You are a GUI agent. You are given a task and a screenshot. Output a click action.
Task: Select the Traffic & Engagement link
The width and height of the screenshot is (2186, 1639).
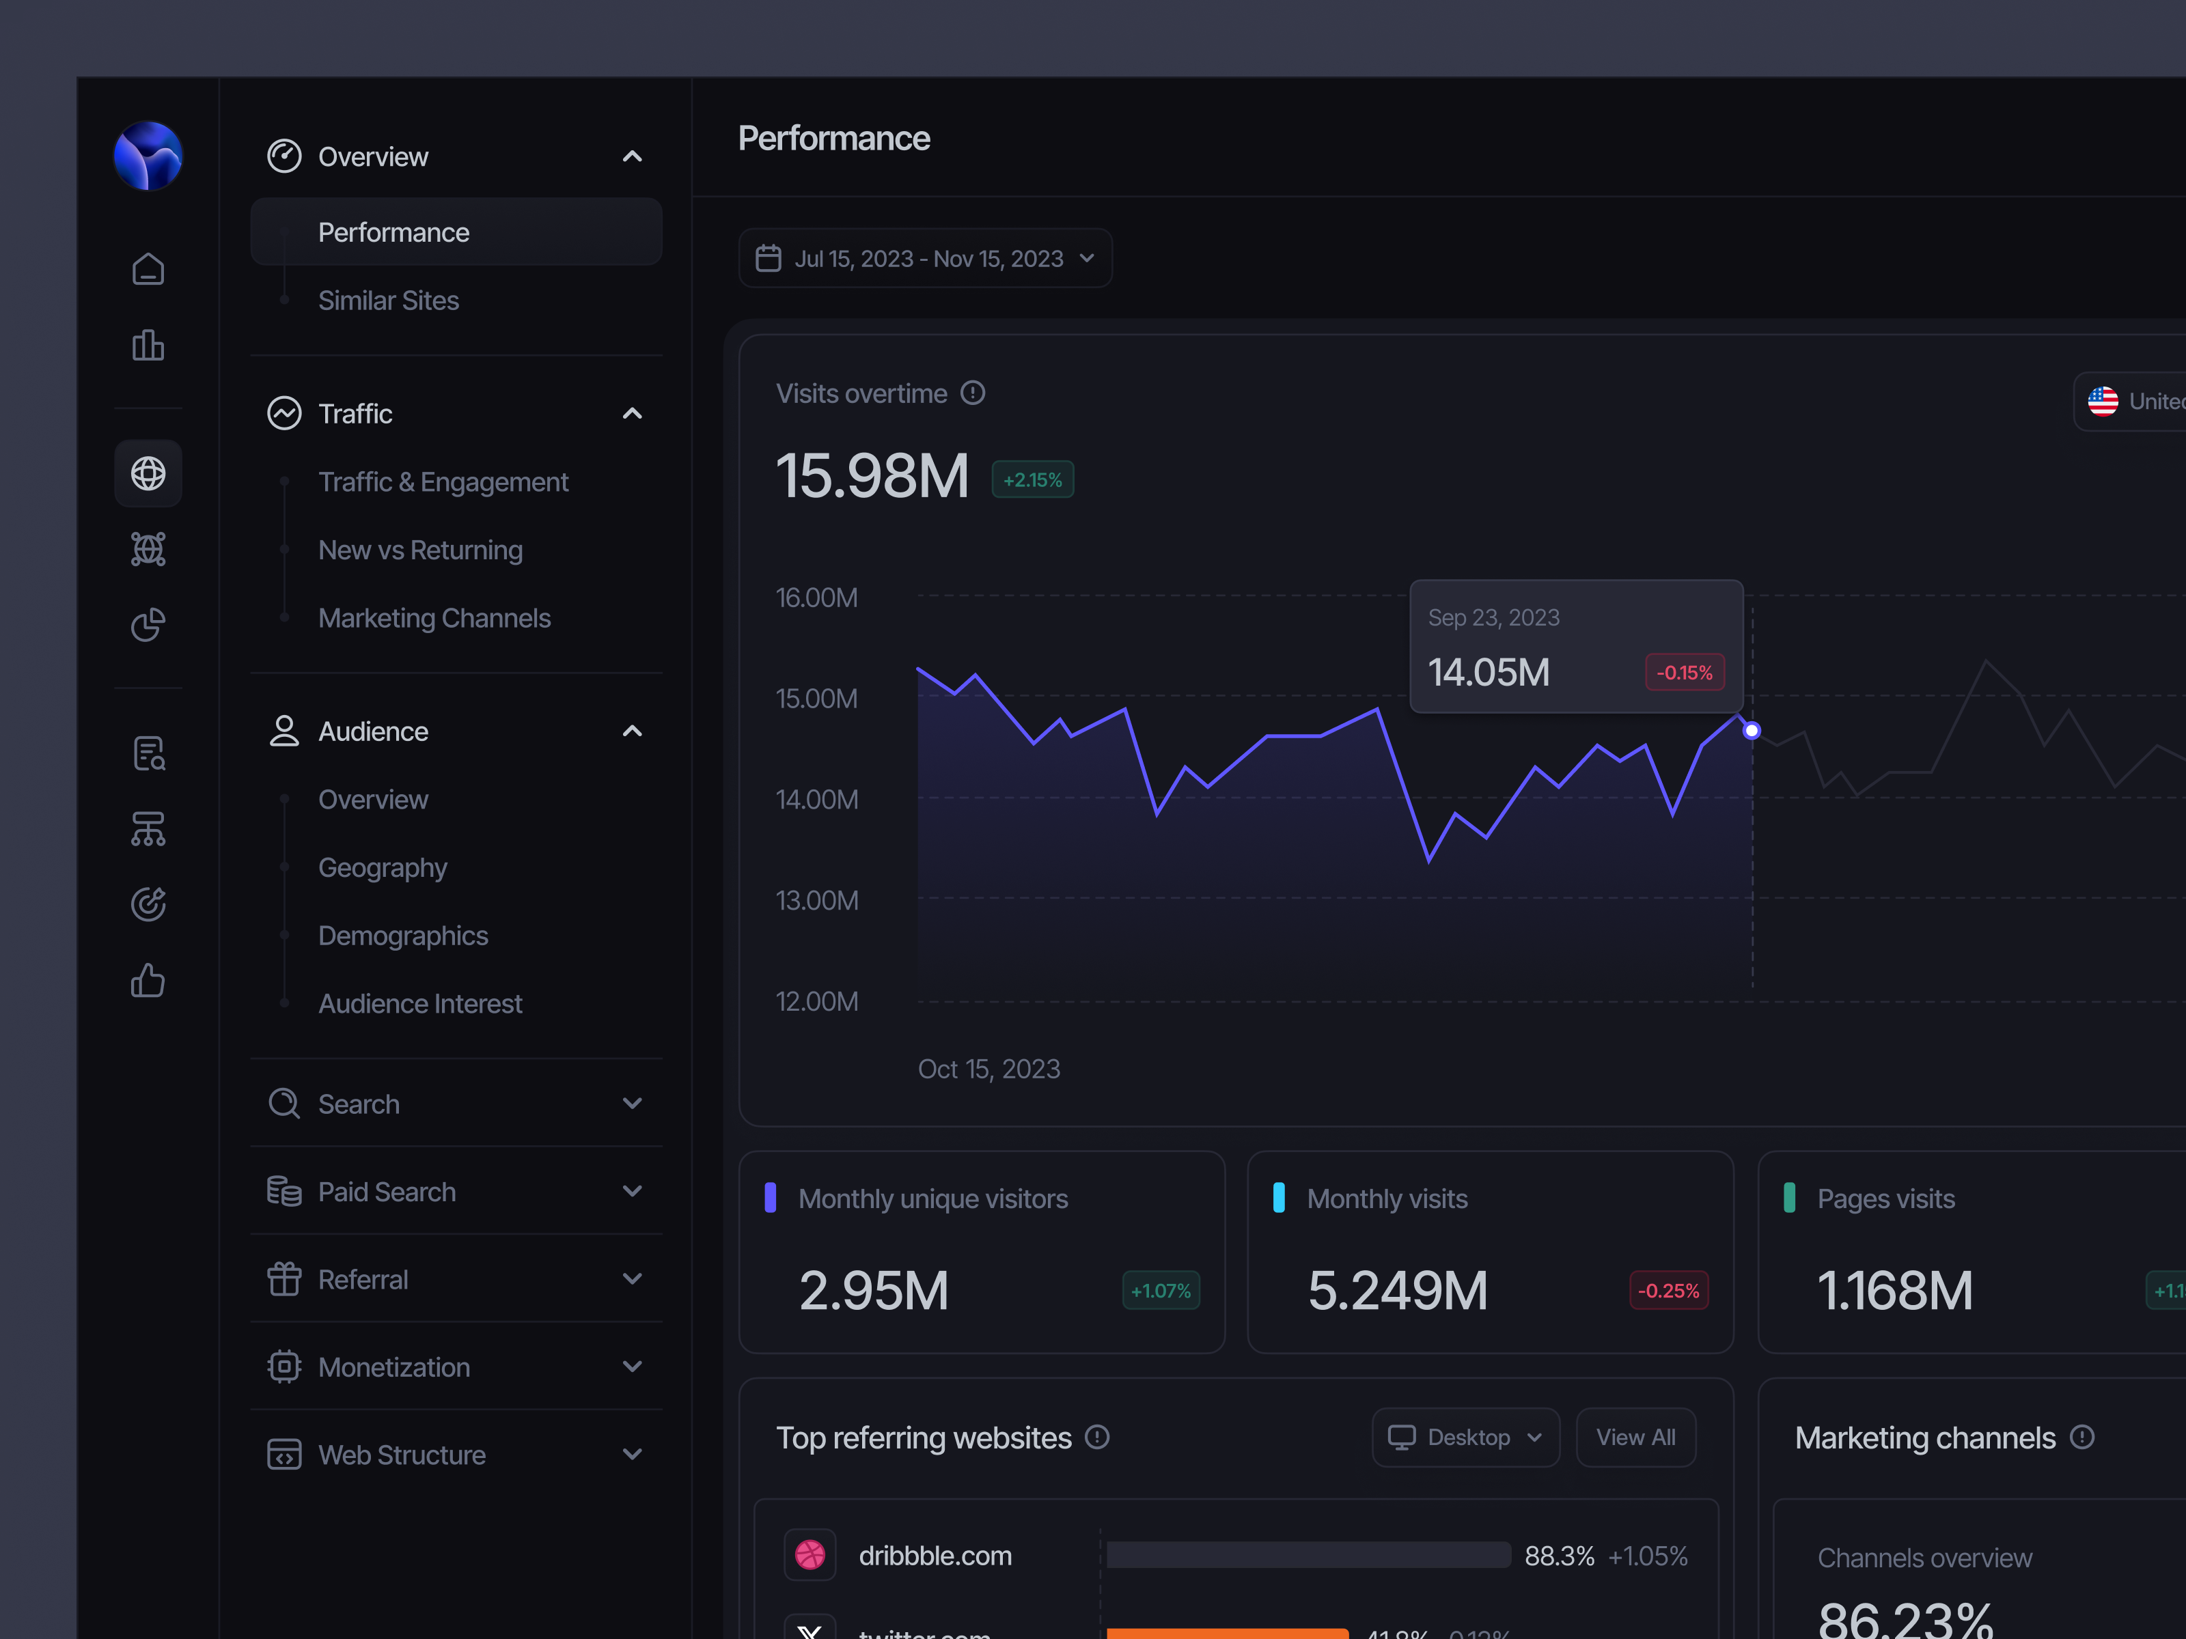[x=443, y=482]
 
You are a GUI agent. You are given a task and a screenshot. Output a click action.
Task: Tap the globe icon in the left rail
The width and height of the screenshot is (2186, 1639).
[x=148, y=473]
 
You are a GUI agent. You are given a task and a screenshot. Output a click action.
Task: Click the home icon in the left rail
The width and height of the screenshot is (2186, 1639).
[x=148, y=268]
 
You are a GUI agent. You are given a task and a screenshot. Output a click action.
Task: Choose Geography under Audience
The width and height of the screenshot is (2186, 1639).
[x=383, y=867]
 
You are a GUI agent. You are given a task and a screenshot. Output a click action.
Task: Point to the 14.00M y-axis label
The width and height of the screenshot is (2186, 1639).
[x=816, y=799]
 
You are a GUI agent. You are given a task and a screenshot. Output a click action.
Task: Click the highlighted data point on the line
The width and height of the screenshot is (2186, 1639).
[x=1751, y=731]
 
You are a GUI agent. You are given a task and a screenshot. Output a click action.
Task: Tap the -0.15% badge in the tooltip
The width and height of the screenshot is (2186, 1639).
[x=1684, y=673]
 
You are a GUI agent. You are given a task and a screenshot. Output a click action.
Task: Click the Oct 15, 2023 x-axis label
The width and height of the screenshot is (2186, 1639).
[x=988, y=1069]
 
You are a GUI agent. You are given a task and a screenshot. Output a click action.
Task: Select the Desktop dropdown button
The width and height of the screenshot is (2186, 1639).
[x=1465, y=1438]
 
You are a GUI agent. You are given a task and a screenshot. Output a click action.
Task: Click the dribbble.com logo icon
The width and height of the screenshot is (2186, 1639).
[x=810, y=1555]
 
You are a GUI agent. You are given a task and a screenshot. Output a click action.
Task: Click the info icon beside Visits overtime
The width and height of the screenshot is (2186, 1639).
[x=973, y=393]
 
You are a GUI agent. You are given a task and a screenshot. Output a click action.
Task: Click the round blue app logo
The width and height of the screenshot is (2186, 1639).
[x=148, y=156]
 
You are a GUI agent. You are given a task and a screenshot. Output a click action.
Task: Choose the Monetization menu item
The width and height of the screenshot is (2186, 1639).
[x=393, y=1367]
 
